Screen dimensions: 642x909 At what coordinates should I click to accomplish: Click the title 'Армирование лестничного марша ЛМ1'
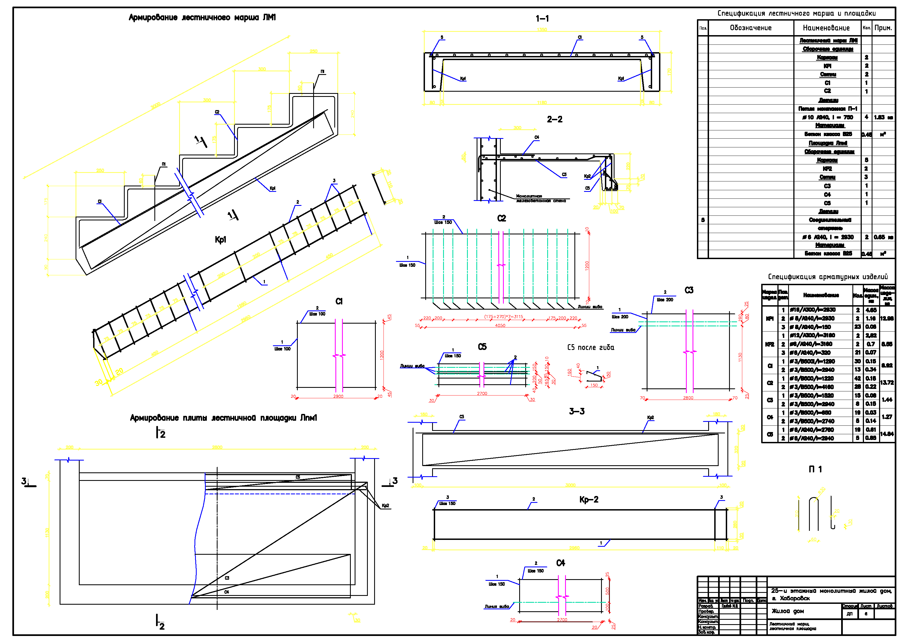coord(202,17)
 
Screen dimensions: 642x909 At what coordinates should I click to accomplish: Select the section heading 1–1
coord(542,19)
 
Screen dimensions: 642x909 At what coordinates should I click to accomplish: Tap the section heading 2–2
coord(554,119)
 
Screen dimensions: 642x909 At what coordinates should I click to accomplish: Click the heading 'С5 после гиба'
coord(590,347)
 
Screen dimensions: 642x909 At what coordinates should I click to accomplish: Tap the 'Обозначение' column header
coord(751,28)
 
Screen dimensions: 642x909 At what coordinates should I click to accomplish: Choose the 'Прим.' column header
coord(883,28)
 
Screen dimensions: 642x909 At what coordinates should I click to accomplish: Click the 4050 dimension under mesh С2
coord(500,326)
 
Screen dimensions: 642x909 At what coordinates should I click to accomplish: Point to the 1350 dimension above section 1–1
coord(542,30)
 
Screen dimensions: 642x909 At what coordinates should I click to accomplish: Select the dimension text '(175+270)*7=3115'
coord(503,317)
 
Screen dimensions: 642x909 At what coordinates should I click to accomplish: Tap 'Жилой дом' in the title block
coord(788,611)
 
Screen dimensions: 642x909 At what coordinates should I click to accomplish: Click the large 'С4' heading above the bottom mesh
coord(561,563)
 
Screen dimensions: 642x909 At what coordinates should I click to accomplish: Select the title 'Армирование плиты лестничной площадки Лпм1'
coord(223,418)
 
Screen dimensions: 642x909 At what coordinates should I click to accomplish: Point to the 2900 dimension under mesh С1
coord(338,396)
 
